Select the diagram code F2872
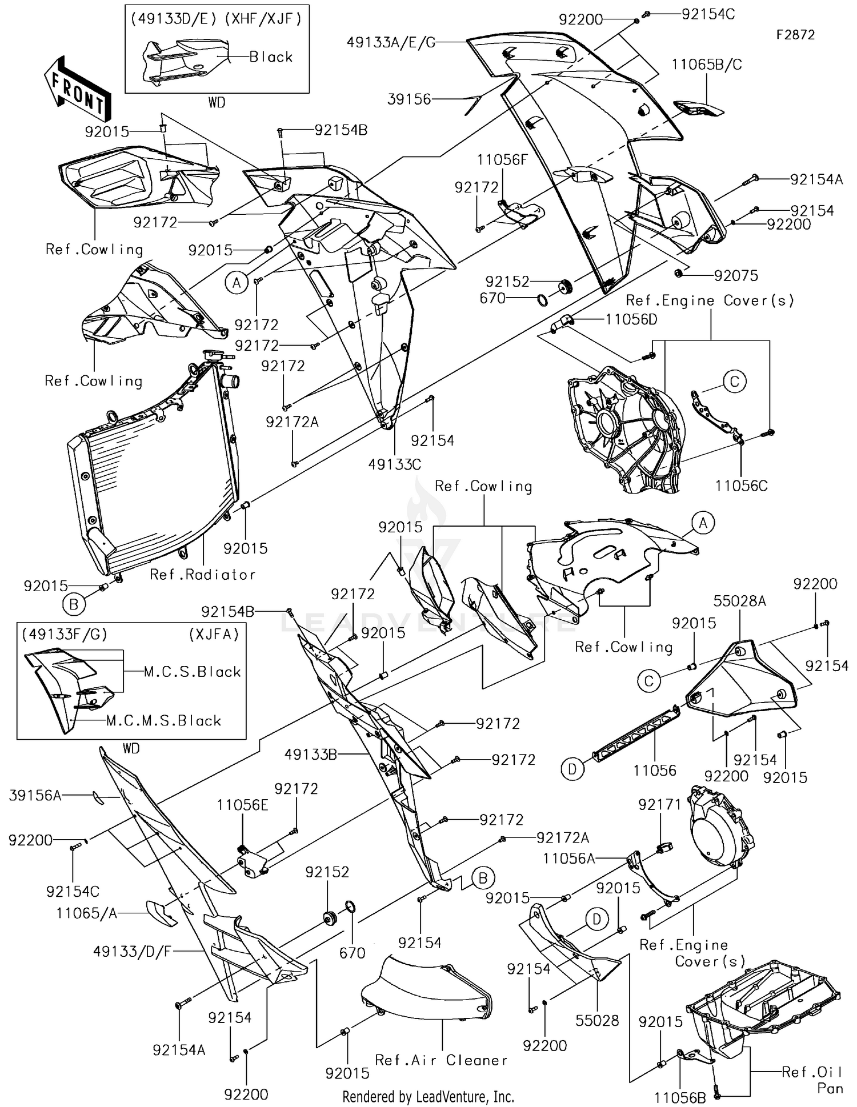click(795, 35)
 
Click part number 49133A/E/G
click(391, 42)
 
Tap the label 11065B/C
click(706, 65)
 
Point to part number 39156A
click(35, 795)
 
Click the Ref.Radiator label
click(202, 575)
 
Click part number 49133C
click(395, 464)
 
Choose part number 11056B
click(680, 1098)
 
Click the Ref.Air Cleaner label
click(441, 1060)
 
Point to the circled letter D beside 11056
click(572, 769)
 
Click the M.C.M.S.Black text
click(163, 721)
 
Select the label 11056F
click(502, 160)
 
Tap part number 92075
click(736, 276)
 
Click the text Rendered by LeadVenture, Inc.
click(428, 1097)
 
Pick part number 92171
click(660, 805)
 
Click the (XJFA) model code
click(214, 634)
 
